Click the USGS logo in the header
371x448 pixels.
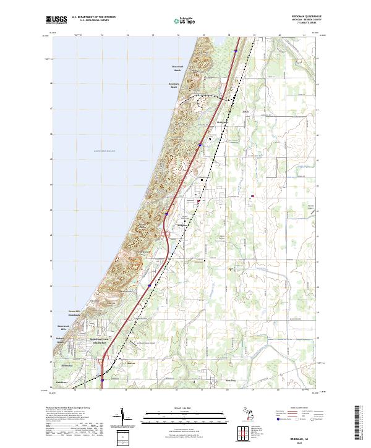click(57, 20)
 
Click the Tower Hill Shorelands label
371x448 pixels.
click(75, 312)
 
